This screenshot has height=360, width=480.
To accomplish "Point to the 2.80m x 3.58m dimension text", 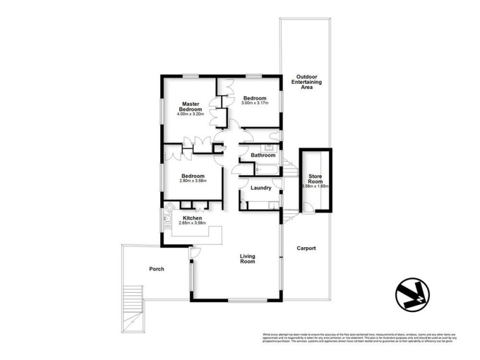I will click(193, 181).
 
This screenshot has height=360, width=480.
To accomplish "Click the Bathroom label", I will click(263, 155).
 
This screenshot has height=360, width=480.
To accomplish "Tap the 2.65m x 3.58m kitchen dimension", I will click(192, 223).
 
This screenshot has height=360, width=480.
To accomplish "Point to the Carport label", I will click(305, 248).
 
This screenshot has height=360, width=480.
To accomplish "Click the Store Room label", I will click(316, 179).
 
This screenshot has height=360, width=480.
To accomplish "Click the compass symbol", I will click(412, 295).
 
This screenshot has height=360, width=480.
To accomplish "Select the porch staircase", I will click(131, 306).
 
